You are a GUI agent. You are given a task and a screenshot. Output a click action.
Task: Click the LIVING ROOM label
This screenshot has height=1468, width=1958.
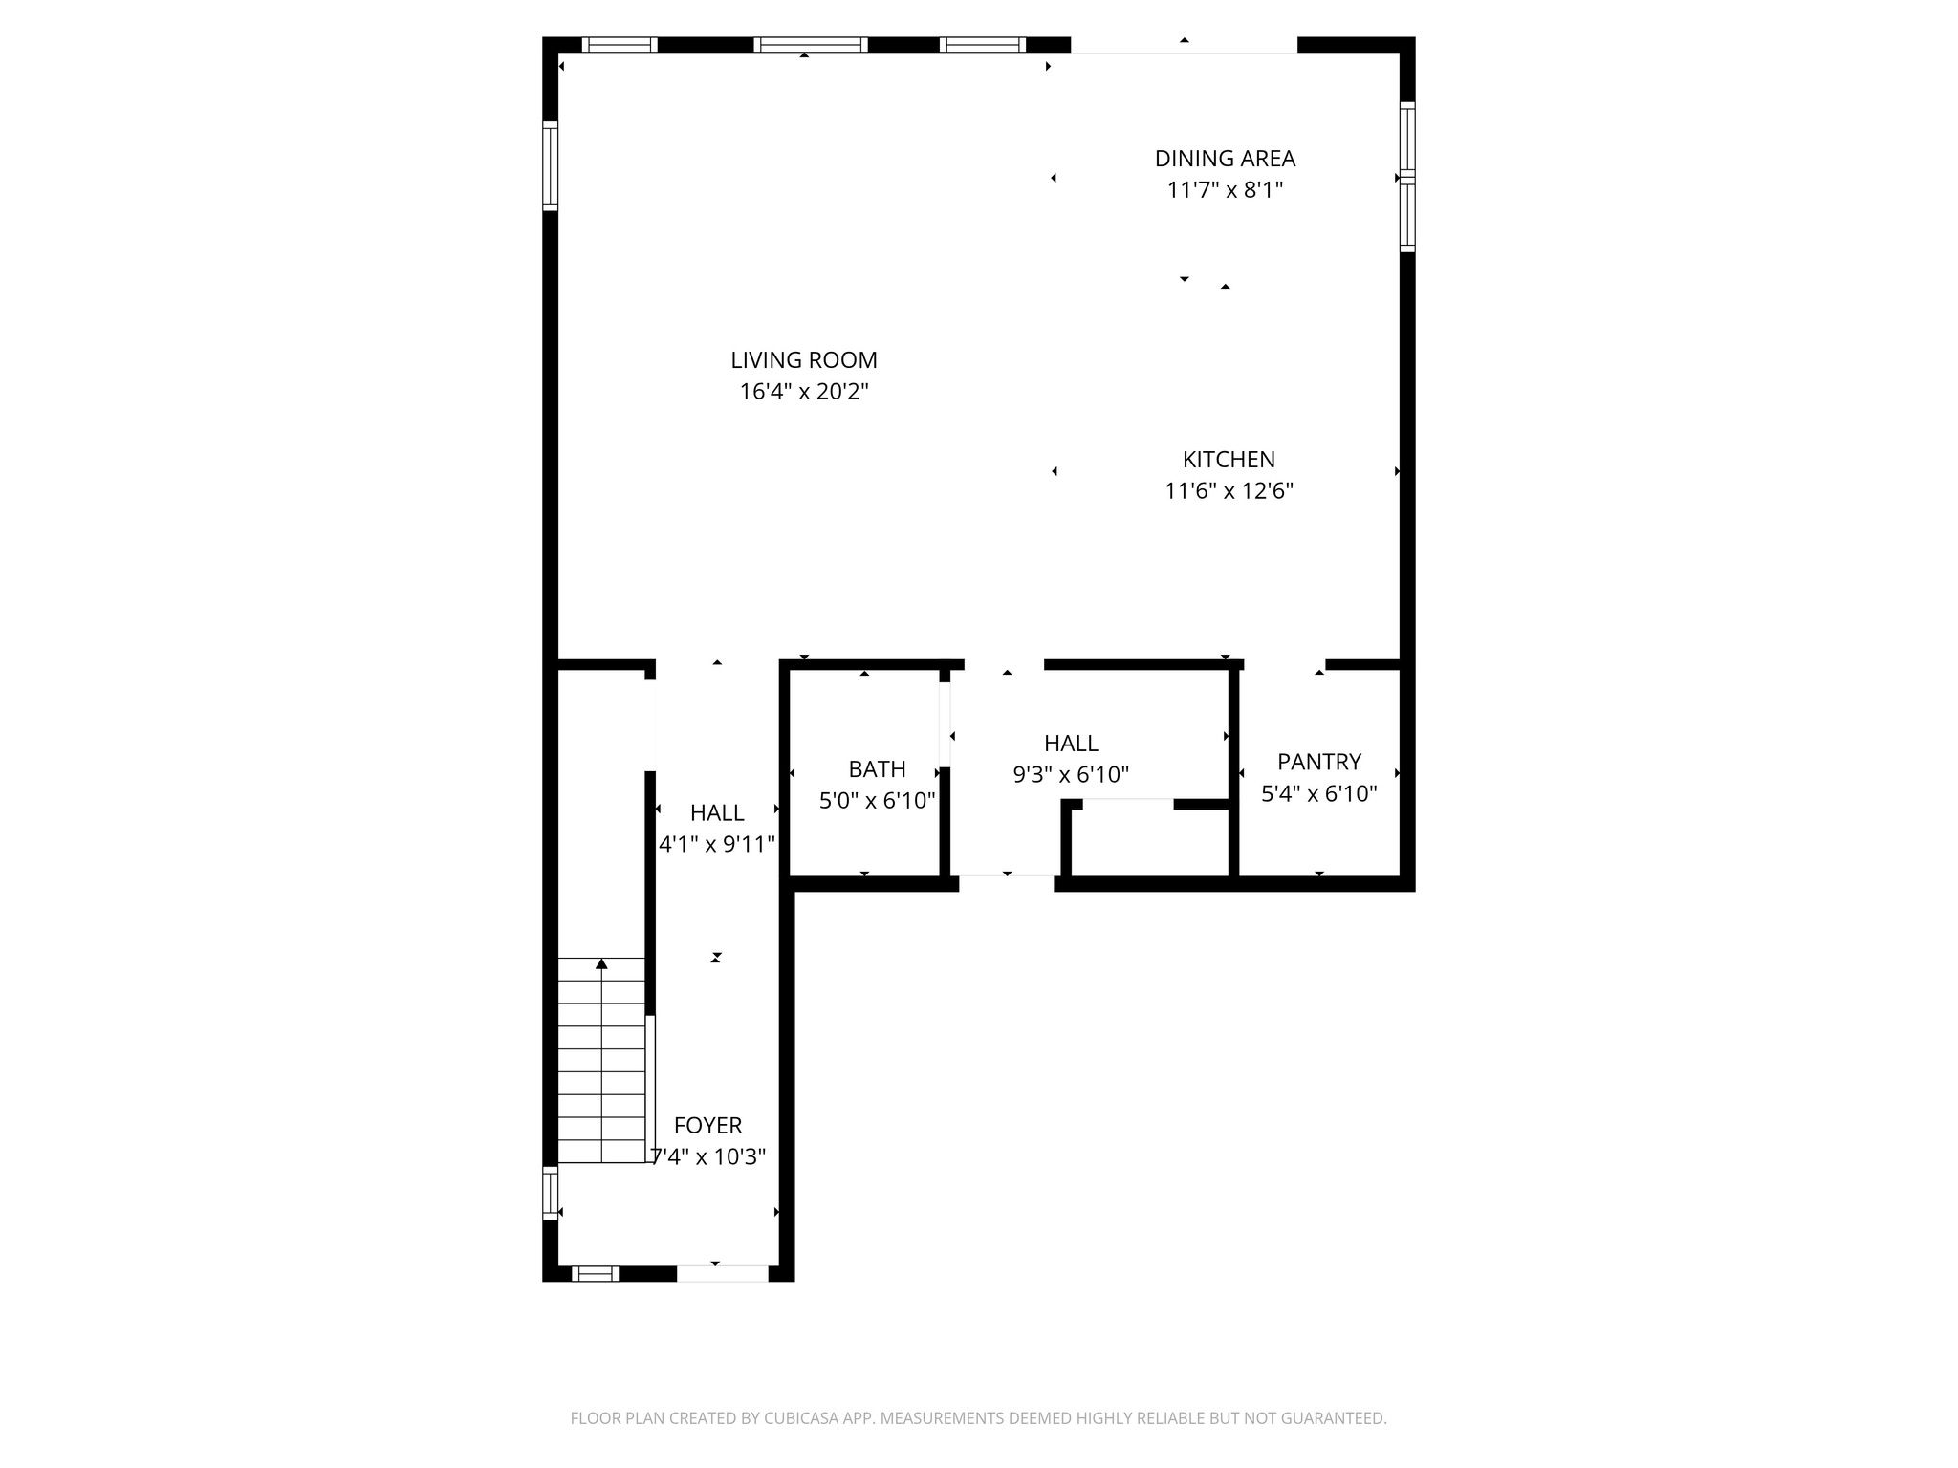click(x=803, y=360)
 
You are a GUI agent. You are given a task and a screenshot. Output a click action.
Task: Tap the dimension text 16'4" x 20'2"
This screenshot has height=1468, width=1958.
click(x=803, y=392)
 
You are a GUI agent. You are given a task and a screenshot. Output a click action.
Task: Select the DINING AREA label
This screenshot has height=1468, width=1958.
click(x=1225, y=159)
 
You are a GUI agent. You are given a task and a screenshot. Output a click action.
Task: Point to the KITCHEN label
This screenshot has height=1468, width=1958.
click(x=1229, y=460)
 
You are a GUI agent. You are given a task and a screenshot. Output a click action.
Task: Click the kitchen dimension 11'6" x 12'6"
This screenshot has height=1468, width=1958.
click(x=1229, y=491)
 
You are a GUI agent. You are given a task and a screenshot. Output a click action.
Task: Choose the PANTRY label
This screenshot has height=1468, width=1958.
click(x=1318, y=762)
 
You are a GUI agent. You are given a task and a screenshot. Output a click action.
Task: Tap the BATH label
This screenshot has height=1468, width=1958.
click(x=877, y=769)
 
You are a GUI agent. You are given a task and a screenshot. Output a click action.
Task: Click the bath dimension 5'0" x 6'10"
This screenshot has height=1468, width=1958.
click(x=877, y=801)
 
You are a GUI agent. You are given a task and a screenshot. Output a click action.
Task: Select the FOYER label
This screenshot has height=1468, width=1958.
click(x=707, y=1126)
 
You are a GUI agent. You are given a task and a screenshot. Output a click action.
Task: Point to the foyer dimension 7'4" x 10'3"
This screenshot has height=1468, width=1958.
click(x=708, y=1157)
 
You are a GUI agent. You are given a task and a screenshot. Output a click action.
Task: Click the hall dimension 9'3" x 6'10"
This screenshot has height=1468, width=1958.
click(x=1071, y=775)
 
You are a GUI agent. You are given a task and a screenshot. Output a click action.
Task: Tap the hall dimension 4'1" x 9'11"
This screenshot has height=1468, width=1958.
click(x=717, y=845)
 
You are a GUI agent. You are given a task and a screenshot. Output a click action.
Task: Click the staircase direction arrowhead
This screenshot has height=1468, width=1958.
click(x=601, y=963)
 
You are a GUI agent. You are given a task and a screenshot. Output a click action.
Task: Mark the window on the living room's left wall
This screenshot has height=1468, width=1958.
click(x=550, y=165)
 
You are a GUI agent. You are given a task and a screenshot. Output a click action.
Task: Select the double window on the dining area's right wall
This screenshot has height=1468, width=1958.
click(x=1407, y=177)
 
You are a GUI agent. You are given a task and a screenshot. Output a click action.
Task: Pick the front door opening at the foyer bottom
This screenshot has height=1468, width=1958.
click(x=722, y=1273)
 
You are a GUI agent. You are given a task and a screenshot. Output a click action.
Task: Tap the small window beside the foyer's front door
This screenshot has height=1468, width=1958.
click(x=595, y=1273)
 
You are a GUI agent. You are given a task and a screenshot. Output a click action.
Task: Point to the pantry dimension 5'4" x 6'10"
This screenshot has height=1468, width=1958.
click(x=1318, y=793)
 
